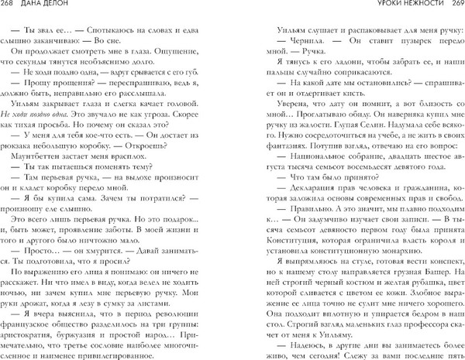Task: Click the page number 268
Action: pos(10,6)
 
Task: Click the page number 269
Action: pos(453,6)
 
